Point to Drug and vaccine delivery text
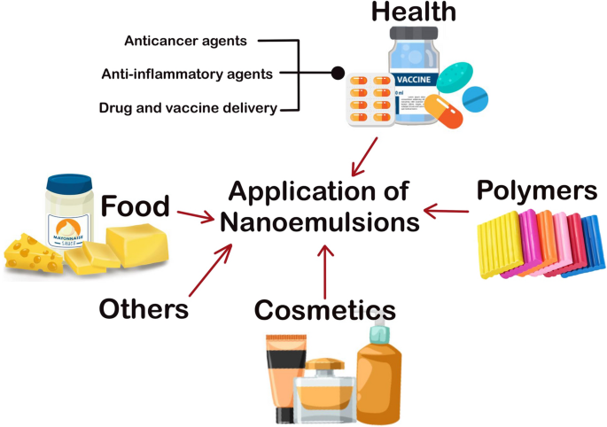[x=189, y=109]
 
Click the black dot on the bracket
[x=337, y=74]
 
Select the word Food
[x=135, y=206]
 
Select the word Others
[x=144, y=308]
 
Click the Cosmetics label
[x=324, y=309]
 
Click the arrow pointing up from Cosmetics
[x=325, y=271]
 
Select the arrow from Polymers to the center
[x=447, y=212]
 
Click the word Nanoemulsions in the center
[x=320, y=221]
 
